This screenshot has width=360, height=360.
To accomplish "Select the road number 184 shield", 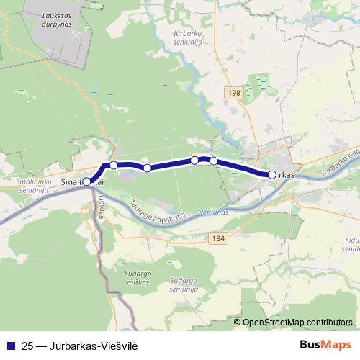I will [x=219, y=237].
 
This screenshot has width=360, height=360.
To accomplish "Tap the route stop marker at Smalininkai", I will [x=86, y=182].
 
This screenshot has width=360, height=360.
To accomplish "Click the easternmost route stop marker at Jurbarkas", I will [x=271, y=175].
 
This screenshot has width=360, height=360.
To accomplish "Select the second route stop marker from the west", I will [x=114, y=166].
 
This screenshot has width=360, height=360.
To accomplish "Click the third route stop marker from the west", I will [x=147, y=168].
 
